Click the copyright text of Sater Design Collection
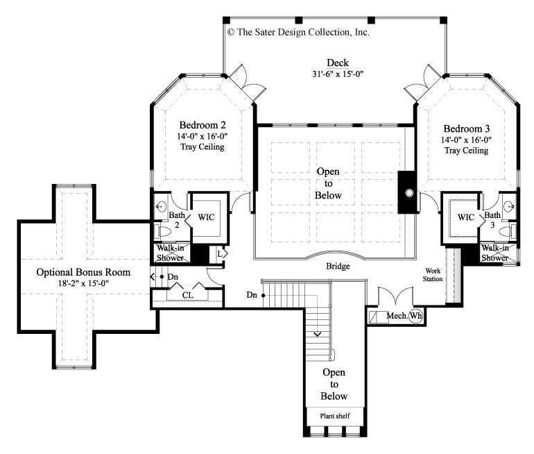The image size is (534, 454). (x=298, y=32)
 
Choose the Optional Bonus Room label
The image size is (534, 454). (x=83, y=271)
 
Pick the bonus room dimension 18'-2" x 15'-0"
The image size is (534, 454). (x=83, y=283)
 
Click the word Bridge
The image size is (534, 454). (x=338, y=266)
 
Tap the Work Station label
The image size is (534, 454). (x=434, y=274)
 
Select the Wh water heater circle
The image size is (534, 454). (x=415, y=317)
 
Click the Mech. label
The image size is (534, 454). (x=395, y=317)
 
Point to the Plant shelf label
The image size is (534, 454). (x=334, y=416)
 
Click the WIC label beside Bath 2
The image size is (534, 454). (x=207, y=218)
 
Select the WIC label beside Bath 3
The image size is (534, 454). (x=465, y=218)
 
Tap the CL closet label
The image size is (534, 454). (x=187, y=294)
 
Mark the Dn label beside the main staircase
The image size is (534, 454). (x=251, y=295)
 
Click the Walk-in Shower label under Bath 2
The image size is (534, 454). (x=169, y=253)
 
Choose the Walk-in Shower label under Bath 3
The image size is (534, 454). (x=494, y=253)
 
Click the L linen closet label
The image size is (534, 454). (x=219, y=254)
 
